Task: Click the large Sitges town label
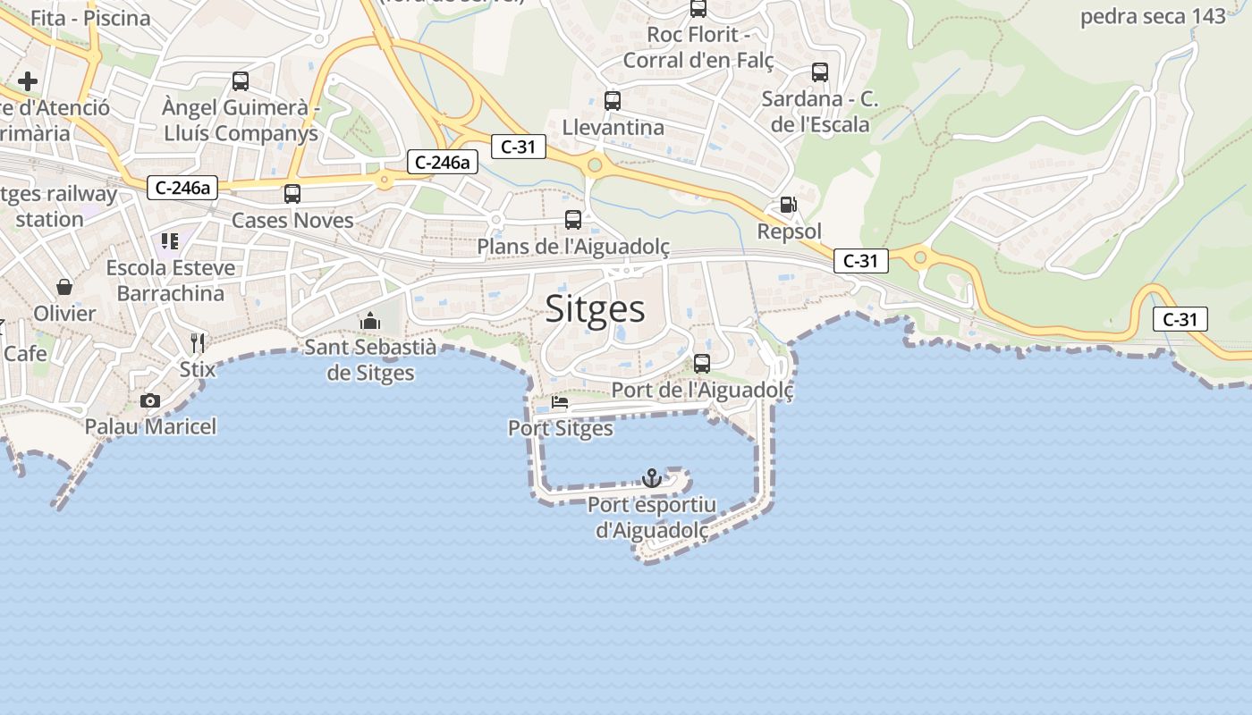pyautogui.click(x=595, y=309)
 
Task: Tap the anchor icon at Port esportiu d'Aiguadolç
pyautogui.click(x=652, y=478)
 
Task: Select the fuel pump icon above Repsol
pyautogui.click(x=788, y=205)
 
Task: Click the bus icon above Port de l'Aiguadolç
pyautogui.click(x=702, y=364)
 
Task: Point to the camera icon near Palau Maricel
pyautogui.click(x=150, y=400)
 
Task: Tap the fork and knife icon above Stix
pyautogui.click(x=198, y=342)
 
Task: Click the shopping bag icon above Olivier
pyautogui.click(x=64, y=287)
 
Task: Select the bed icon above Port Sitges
pyautogui.click(x=560, y=402)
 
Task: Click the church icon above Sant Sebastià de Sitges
pyautogui.click(x=370, y=321)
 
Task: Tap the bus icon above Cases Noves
pyautogui.click(x=292, y=194)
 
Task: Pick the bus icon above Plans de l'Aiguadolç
pyautogui.click(x=573, y=219)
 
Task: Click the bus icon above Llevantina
pyautogui.click(x=613, y=101)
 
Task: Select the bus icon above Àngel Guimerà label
pyautogui.click(x=241, y=81)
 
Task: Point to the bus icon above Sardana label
pyautogui.click(x=820, y=72)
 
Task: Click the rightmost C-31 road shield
pyautogui.click(x=1180, y=319)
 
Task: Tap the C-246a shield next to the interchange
pyautogui.click(x=442, y=162)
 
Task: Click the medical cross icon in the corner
pyautogui.click(x=28, y=81)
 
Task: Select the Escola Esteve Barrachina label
pyautogui.click(x=171, y=280)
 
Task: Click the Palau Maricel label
pyautogui.click(x=150, y=426)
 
